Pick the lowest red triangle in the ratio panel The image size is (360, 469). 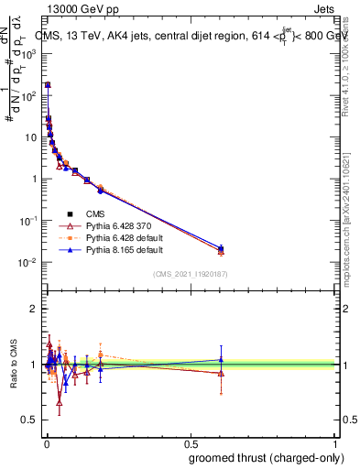60,401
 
